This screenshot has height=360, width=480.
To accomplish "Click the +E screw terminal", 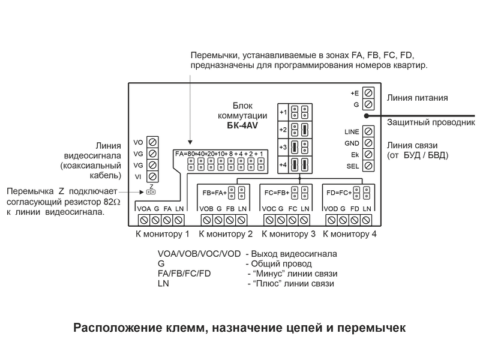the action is pyautogui.click(x=368, y=93).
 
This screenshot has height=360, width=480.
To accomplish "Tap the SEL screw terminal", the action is pyautogui.click(x=368, y=166).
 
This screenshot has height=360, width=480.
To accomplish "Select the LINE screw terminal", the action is pyautogui.click(x=368, y=131).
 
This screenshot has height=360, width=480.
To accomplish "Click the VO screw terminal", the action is pyautogui.click(x=152, y=142).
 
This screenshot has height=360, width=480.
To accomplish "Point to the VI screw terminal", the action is pyautogui.click(x=152, y=176).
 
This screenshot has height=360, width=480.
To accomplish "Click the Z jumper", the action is pyautogui.click(x=151, y=192).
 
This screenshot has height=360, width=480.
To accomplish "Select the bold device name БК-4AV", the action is pyautogui.click(x=242, y=125).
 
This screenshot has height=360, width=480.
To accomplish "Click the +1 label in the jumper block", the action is pyautogui.click(x=283, y=112).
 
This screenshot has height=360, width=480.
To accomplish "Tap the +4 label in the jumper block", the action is pyautogui.click(x=283, y=164).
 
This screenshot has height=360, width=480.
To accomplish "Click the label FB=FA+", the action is pyautogui.click(x=215, y=193).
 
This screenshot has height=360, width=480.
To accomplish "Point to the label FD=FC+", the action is pyautogui.click(x=339, y=193).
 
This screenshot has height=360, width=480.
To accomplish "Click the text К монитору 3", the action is pyautogui.click(x=289, y=234).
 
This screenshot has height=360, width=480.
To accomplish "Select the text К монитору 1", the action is pyautogui.click(x=163, y=234).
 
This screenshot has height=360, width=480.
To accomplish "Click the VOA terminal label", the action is pyautogui.click(x=144, y=209).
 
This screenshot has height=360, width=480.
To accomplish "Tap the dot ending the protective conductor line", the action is pyautogui.click(x=367, y=116).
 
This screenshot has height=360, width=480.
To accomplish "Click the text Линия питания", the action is pyautogui.click(x=417, y=98).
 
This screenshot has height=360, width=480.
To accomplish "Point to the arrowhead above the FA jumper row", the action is pyautogui.click(x=190, y=142).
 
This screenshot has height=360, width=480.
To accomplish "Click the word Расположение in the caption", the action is pyautogui.click(x=118, y=328).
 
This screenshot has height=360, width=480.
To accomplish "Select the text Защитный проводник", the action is pyautogui.click(x=431, y=122).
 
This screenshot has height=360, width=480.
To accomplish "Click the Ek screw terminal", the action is pyautogui.click(x=368, y=154).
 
